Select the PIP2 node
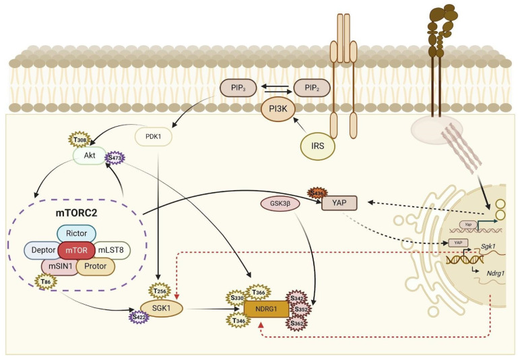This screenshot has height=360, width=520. click(311, 88)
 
